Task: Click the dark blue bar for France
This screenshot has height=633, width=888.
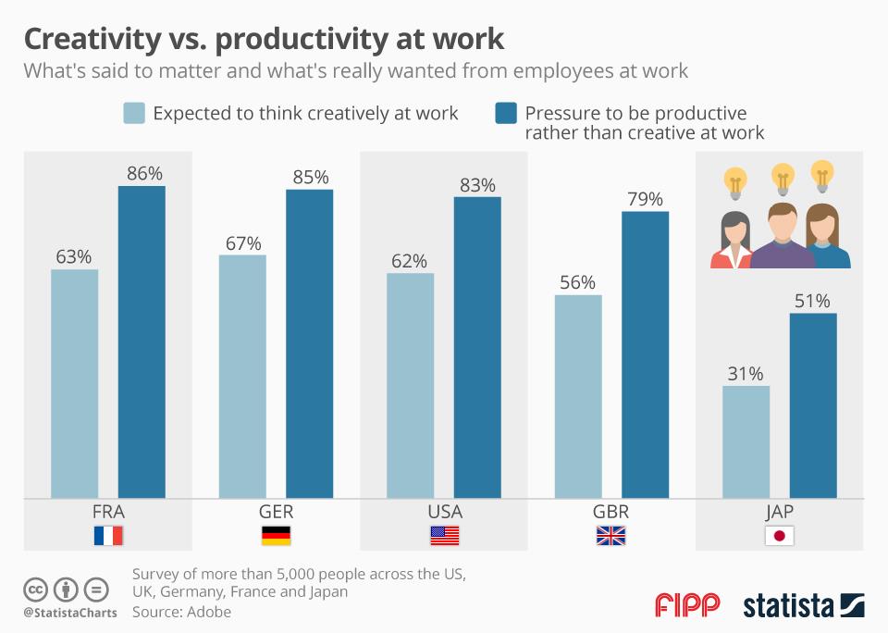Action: coord(142,342)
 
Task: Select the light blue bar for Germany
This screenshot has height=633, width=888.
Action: coord(242,377)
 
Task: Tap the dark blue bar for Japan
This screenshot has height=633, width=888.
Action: coord(813,405)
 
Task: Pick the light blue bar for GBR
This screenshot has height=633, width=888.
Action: coord(578,397)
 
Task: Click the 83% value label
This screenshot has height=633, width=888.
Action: coord(477,185)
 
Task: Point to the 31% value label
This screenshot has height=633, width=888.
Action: coord(746,374)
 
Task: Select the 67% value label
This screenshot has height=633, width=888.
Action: coord(242,243)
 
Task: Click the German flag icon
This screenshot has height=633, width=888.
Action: coord(276,535)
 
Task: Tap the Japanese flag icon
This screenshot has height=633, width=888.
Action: coord(779,535)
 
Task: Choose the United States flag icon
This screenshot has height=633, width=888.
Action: coord(444,535)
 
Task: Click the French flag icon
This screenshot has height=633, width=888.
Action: coord(108,535)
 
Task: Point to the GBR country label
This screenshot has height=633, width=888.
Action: coord(611,512)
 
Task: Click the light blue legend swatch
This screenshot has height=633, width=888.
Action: coord(134,113)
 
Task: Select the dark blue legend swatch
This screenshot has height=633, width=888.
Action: coord(506,113)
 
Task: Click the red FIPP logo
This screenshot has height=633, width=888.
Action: coord(687,605)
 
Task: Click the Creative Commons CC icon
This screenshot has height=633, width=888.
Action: coord(36,589)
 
